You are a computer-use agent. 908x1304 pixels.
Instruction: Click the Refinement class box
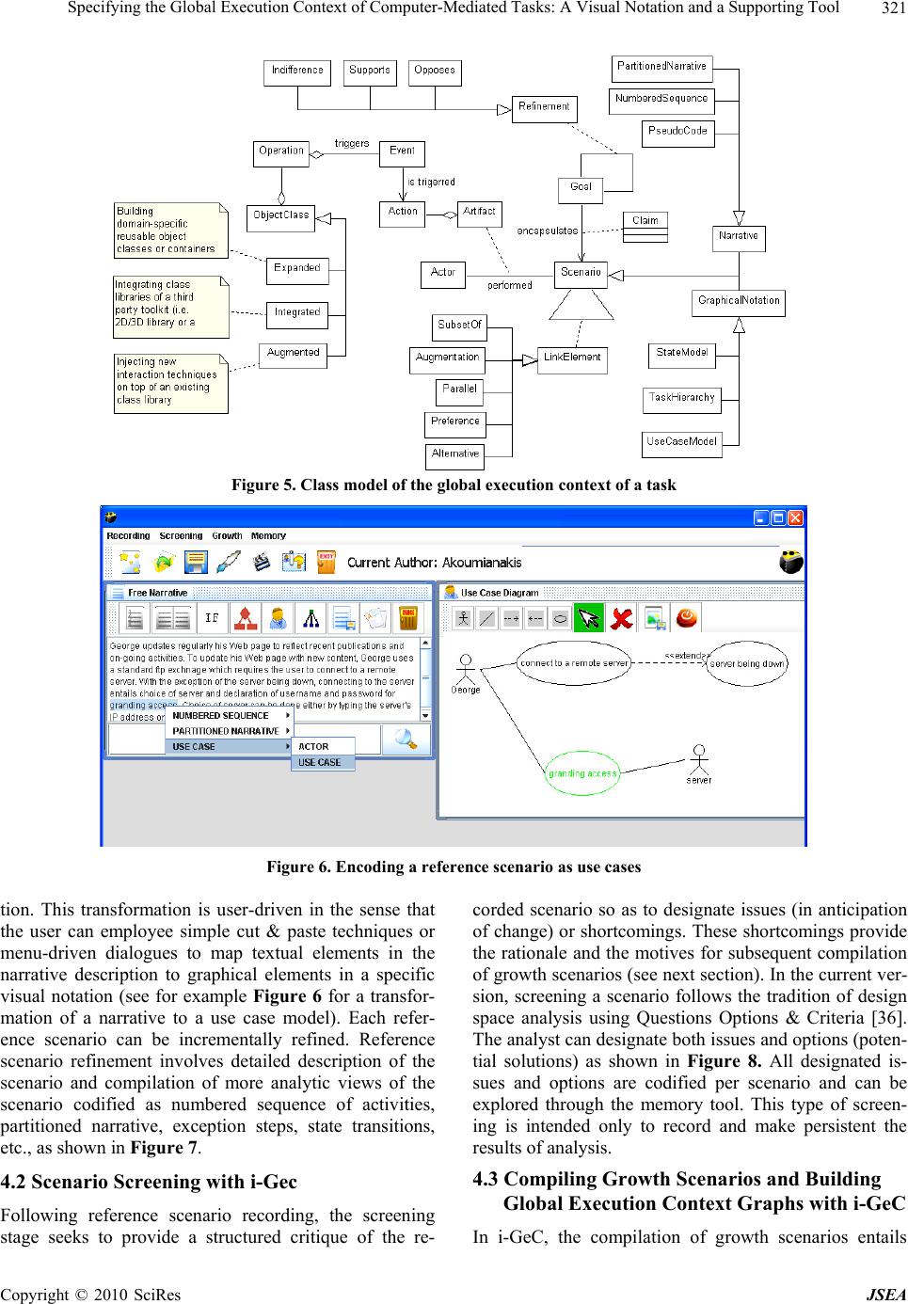[x=544, y=107]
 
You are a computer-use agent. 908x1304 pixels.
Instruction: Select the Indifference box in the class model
[x=297, y=71]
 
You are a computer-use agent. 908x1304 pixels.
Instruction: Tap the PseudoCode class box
[x=677, y=131]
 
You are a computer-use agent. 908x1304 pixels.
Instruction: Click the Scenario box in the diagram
[x=581, y=273]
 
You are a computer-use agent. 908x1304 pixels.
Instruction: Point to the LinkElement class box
[x=572, y=358]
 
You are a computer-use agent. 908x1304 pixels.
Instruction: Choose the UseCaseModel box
[x=682, y=441]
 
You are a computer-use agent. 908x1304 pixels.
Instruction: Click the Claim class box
[x=645, y=220]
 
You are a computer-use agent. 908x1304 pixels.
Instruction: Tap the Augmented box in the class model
[x=293, y=353]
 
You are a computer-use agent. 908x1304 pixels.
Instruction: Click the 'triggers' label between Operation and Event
[x=352, y=144]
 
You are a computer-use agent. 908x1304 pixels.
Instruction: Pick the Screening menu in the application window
[x=181, y=536]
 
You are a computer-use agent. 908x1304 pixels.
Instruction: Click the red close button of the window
[x=796, y=517]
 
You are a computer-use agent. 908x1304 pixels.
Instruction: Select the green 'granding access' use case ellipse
[x=582, y=773]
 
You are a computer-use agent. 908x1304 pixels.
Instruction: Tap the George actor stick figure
[x=464, y=670]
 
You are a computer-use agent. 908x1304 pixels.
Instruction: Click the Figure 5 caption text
[x=454, y=485]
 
